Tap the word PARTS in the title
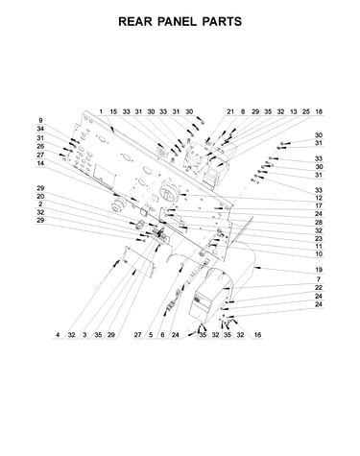222,21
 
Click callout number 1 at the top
101,111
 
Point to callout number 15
113,111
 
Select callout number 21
230,111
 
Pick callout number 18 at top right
319,111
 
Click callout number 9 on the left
40,121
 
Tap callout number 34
40,129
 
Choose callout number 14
40,163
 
